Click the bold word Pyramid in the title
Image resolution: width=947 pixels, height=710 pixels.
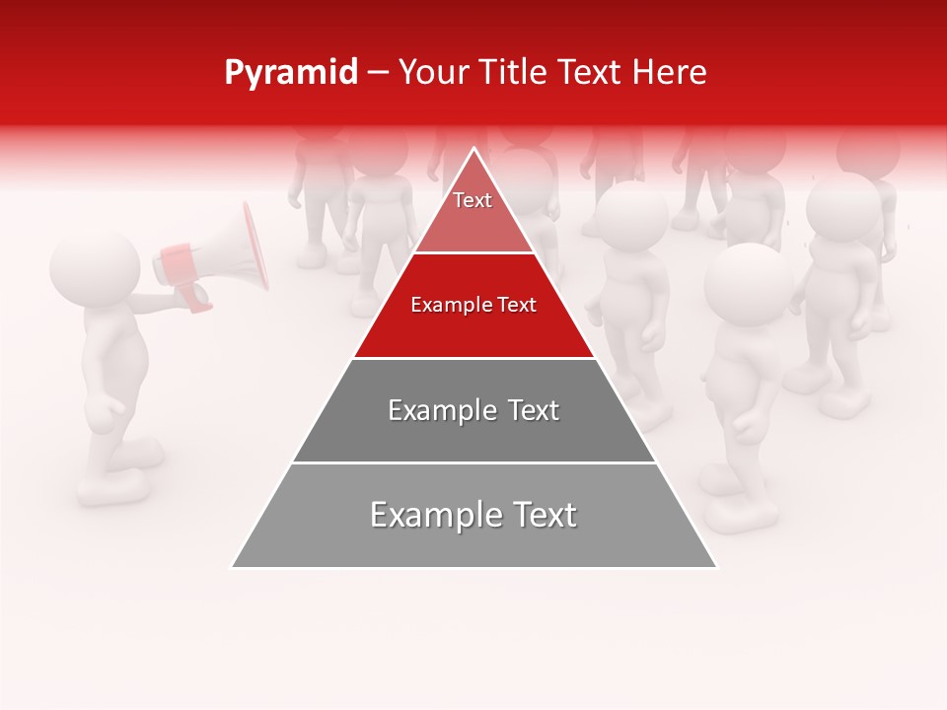point(291,73)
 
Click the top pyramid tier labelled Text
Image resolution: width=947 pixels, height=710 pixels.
point(473,211)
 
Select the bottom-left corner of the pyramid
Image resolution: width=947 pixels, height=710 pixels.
point(233,567)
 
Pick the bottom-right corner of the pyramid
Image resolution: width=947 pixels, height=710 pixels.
point(716,567)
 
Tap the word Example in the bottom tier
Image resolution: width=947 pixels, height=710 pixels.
point(428,515)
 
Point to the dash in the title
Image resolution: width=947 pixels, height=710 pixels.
point(377,73)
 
